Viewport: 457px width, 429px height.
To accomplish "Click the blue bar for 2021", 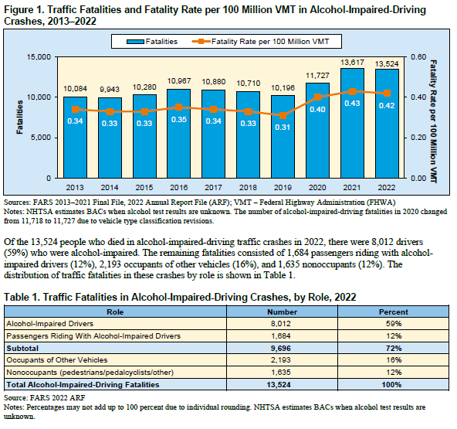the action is click(352, 123).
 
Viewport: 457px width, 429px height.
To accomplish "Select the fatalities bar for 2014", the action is click(110, 138).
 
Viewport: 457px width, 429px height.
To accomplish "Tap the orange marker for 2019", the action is click(283, 116).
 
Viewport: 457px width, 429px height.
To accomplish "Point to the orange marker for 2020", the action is click(317, 97).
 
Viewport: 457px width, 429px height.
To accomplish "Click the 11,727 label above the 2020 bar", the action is click(317, 76).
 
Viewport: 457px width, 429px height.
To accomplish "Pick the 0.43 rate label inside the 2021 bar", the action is click(352, 104).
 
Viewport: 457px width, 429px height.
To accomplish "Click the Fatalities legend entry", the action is click(152, 42).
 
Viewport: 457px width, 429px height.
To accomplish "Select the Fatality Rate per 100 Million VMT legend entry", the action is click(260, 42).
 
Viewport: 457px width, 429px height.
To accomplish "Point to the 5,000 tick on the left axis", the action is click(40, 138).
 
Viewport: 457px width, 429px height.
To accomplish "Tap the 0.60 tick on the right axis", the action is click(418, 56).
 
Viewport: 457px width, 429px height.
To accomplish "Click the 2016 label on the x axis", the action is click(178, 187).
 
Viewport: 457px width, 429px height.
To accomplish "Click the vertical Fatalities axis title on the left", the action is click(19, 117).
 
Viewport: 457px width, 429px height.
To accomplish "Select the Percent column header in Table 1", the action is click(394, 312).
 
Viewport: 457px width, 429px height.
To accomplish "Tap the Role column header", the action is click(115, 312).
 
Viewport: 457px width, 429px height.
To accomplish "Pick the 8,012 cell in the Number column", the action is click(281, 324).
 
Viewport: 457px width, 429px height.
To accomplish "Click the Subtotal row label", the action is click(22, 348).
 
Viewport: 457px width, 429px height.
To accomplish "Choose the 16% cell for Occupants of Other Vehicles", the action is click(394, 360).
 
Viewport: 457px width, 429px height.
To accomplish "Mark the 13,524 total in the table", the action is click(279, 385).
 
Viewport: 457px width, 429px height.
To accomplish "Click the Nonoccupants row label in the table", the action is click(90, 373).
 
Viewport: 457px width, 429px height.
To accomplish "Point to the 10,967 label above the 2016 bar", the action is click(179, 81).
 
